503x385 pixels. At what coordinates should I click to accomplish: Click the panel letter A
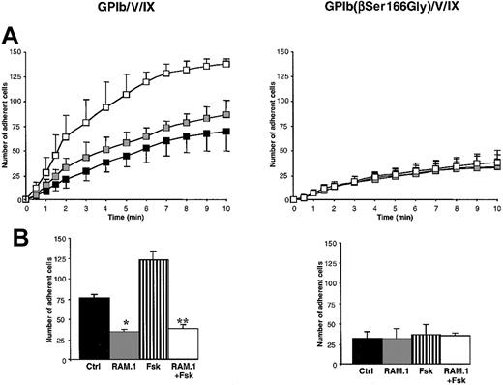(x=13, y=34)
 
